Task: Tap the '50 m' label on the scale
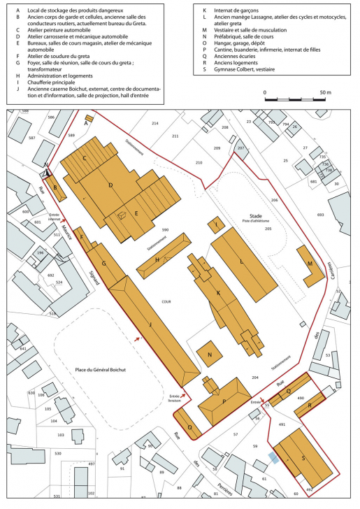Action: coord(325,92)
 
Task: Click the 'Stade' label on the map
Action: coord(255,217)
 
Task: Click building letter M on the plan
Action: coord(309,264)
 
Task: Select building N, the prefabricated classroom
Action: coord(209,354)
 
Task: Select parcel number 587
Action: coord(31,138)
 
